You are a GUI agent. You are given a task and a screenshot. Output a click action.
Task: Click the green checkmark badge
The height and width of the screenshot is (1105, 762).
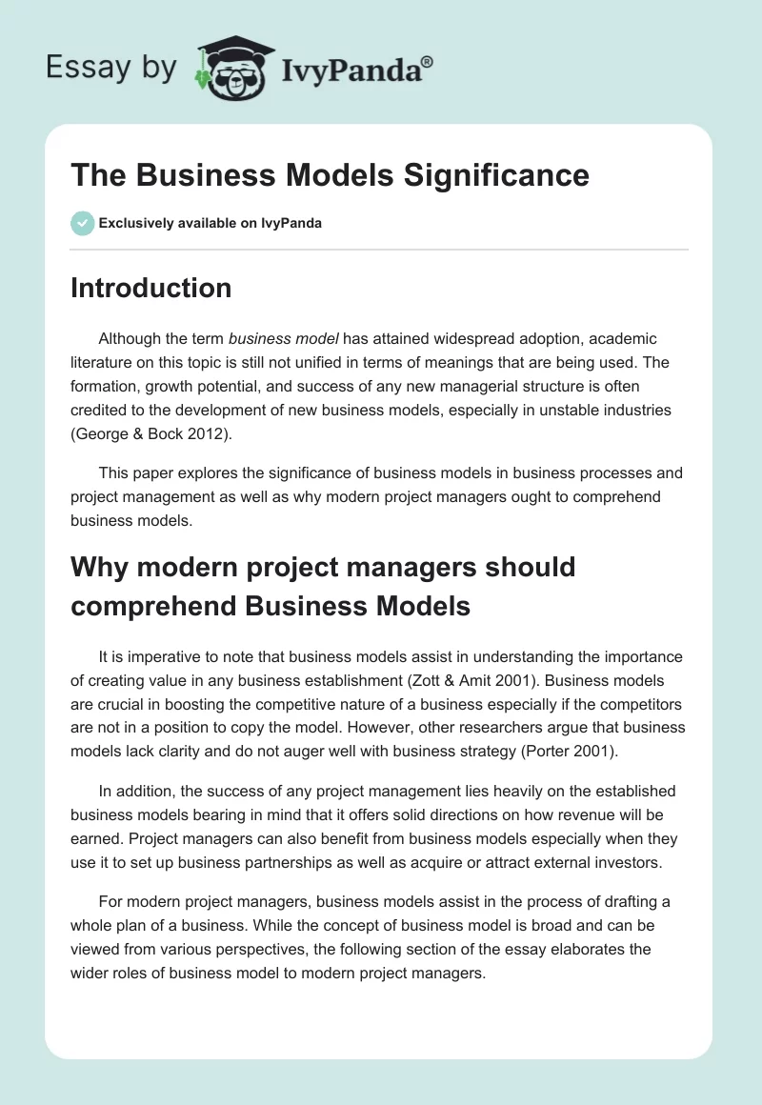point(82,223)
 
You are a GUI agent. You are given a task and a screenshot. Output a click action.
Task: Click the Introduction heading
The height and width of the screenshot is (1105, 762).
point(150,288)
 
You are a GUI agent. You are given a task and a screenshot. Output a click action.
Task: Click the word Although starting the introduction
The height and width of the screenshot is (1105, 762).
point(130,339)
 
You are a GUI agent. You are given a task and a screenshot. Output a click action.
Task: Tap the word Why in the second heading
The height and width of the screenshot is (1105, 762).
point(99,568)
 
